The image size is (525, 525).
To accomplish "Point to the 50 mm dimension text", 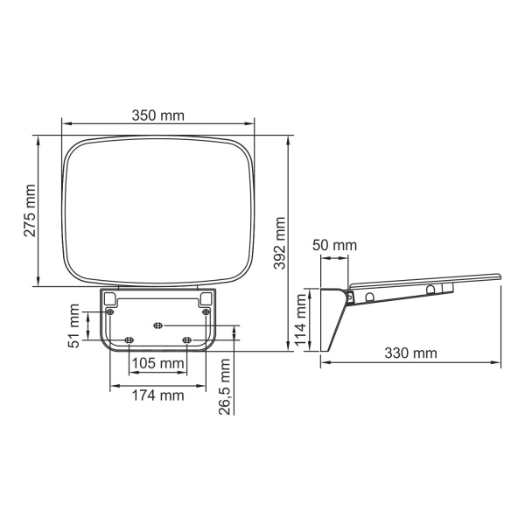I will pos(334,246).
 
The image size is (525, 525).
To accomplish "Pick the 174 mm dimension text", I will pos(157,395).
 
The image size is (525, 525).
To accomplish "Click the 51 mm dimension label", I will pos(76,325).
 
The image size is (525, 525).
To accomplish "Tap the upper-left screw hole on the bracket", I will pos(109,312).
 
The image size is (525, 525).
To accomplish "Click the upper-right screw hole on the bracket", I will pos(206,312).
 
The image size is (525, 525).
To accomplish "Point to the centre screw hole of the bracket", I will pos(157,325).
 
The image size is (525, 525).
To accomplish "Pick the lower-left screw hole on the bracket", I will pos(129,339).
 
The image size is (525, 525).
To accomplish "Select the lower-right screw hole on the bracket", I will pos(185,339).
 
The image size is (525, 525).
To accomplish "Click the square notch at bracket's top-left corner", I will pos(109,298).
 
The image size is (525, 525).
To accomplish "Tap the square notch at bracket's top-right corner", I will pos(206,298).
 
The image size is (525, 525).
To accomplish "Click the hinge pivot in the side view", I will pos(351,297).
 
